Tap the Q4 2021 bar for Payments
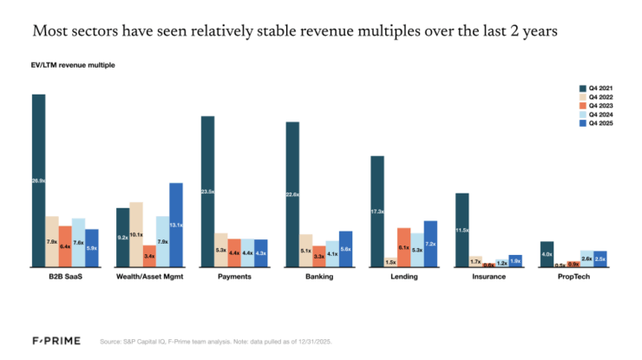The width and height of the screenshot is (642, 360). point(207,191)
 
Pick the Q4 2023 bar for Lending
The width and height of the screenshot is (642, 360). point(403,246)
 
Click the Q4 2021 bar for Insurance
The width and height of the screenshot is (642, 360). point(462,229)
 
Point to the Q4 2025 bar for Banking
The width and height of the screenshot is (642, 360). point(346,248)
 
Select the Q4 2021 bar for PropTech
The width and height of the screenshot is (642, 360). point(547,253)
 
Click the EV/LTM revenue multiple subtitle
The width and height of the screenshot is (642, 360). point(74,65)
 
